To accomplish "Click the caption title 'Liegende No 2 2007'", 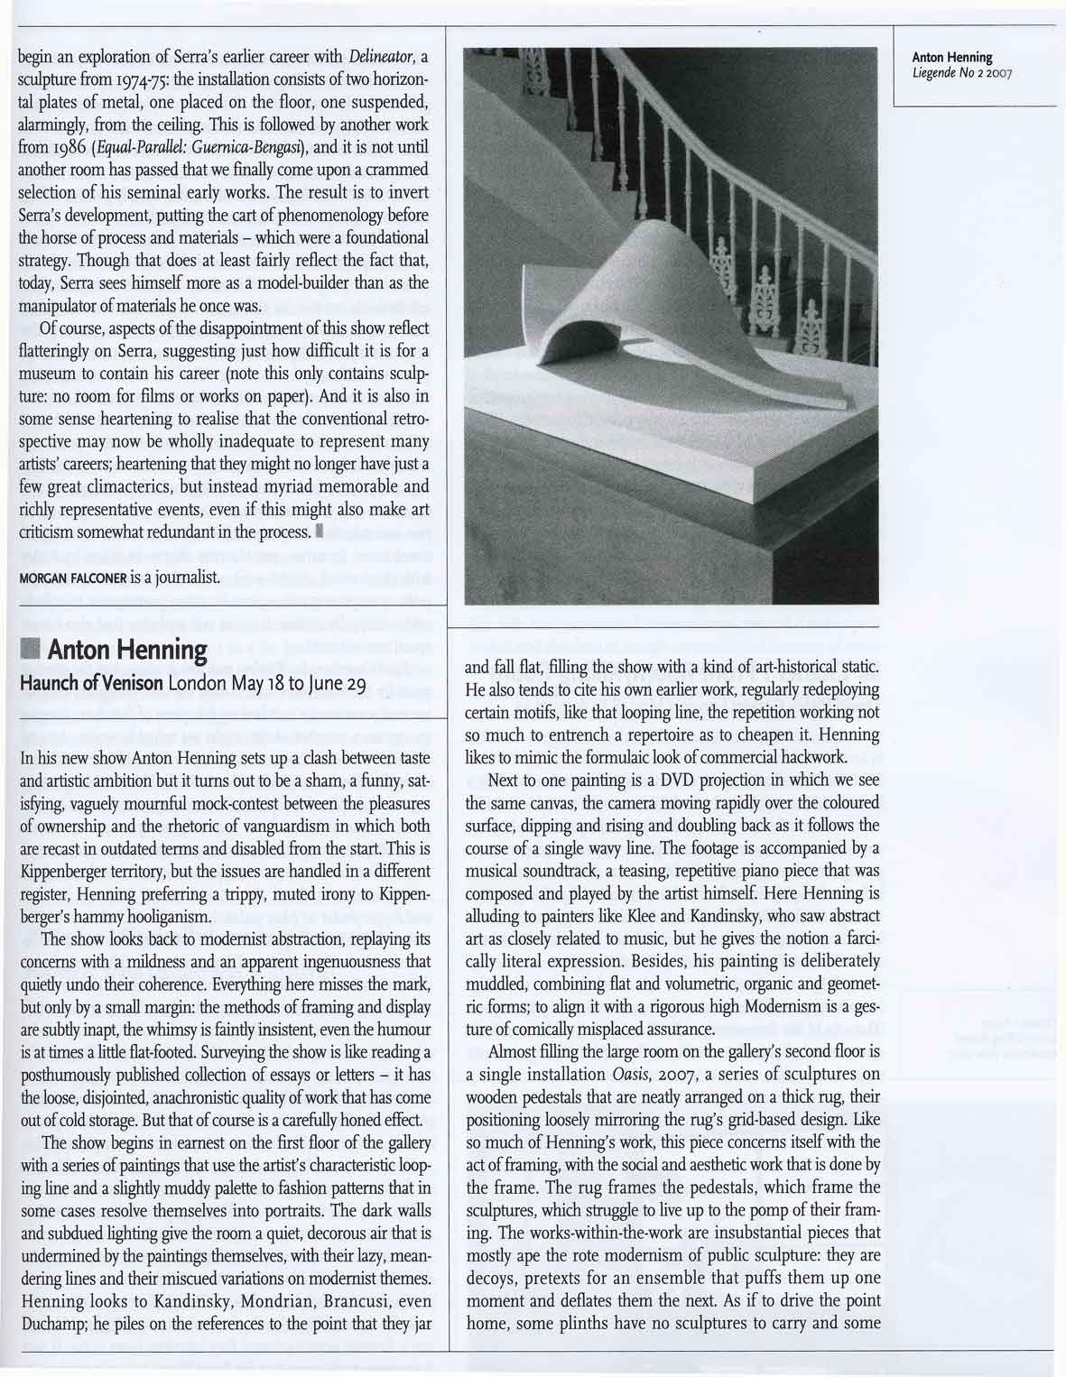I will click(x=965, y=72).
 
